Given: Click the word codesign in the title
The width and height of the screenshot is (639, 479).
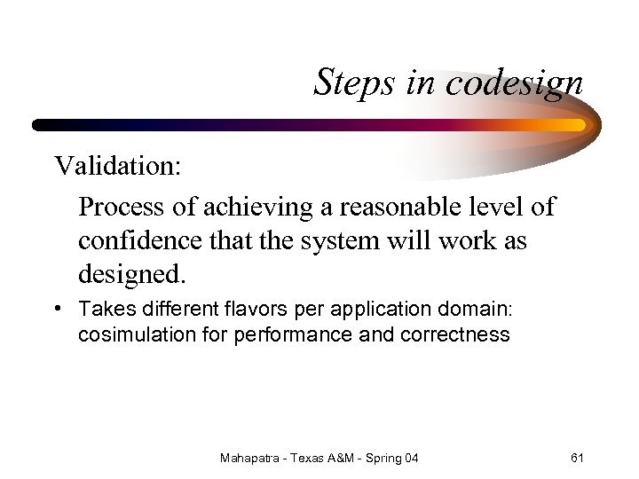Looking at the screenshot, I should tap(515, 83).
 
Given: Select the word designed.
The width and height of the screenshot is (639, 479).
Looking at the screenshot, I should tap(132, 275).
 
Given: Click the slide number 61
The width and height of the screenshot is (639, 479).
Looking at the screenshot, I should tap(577, 458).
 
